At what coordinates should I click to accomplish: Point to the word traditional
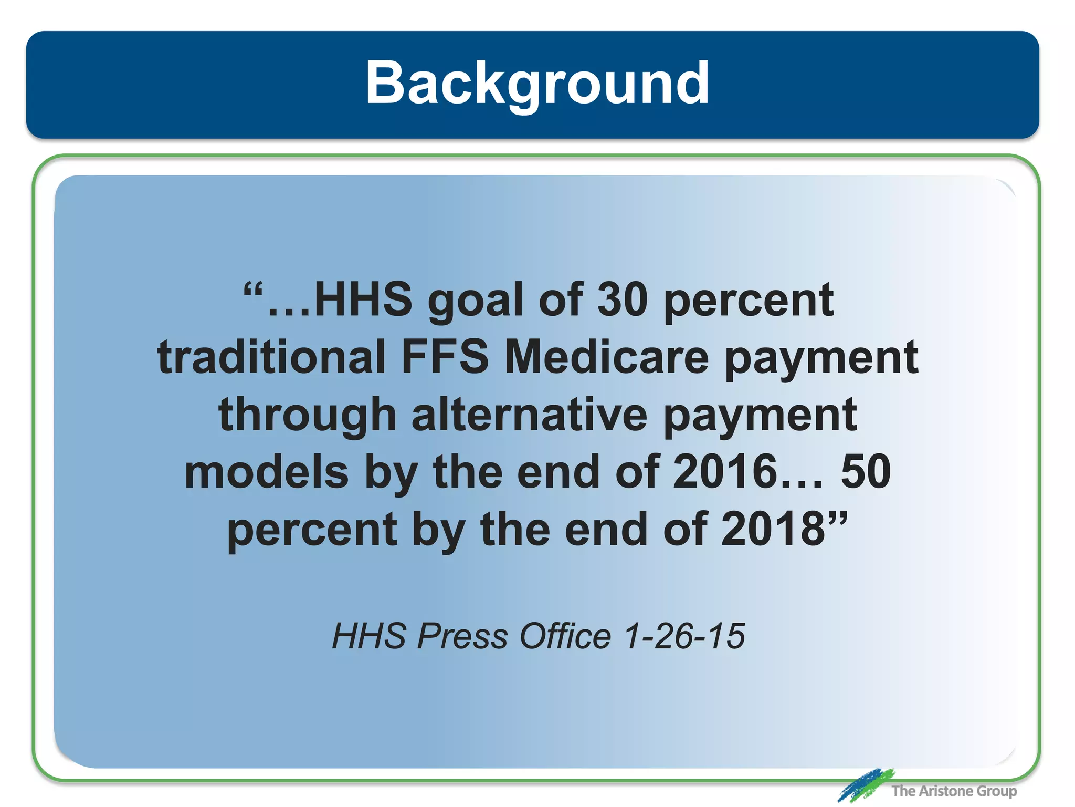[x=271, y=357]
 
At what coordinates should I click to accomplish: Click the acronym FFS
[x=445, y=357]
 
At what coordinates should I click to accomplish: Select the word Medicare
[x=607, y=357]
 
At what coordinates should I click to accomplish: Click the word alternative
[x=530, y=415]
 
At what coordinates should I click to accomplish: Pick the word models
[x=267, y=472]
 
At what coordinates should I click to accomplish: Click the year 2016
[x=725, y=472]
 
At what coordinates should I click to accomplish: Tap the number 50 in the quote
[x=866, y=472]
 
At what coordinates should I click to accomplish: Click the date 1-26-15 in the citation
[x=684, y=636]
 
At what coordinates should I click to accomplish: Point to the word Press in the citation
[x=462, y=636]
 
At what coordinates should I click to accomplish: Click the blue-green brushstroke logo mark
[x=865, y=785]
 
